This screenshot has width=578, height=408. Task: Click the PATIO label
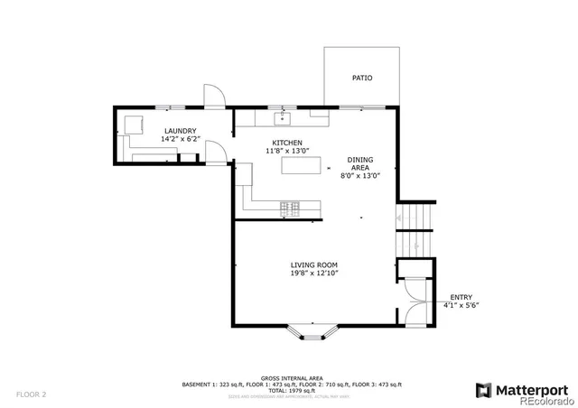coord(361,78)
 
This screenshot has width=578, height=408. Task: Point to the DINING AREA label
coord(360,163)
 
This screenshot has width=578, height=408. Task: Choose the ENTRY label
coord(461,297)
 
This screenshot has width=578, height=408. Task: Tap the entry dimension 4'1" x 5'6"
coord(461,305)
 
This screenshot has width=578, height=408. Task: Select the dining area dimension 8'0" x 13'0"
coord(360,176)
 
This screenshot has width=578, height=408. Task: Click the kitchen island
coord(301,165)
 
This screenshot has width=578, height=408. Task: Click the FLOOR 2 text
coord(30,394)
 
